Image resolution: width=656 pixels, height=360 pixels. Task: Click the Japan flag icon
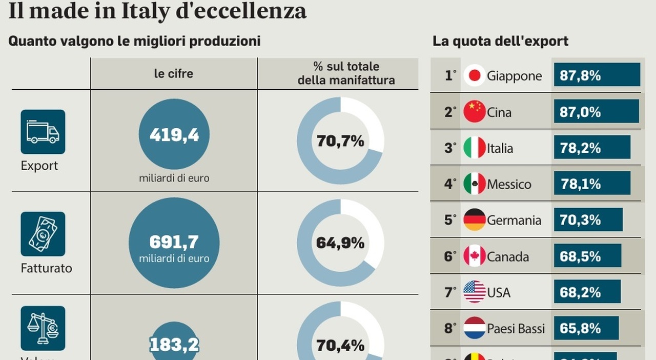coord(475,76)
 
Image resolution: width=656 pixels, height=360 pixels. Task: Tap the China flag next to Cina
coord(475,112)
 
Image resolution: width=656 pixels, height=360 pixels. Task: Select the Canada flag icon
coord(475,256)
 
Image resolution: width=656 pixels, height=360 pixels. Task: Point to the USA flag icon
coord(475,292)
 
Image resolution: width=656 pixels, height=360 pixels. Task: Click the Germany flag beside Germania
coord(475,220)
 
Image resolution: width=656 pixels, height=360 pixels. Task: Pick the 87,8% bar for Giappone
coord(597,75)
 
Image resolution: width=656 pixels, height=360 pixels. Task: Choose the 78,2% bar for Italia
coord(592,148)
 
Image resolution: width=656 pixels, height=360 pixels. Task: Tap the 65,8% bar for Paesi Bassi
coord(586,328)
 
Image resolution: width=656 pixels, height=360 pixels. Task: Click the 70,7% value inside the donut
coord(340,141)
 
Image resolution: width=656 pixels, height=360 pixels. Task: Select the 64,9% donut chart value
coord(340,243)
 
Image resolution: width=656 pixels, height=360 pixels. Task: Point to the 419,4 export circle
coord(174,135)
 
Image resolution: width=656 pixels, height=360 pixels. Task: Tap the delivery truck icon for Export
coord(43,132)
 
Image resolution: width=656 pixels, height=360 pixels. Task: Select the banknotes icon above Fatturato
coord(43,234)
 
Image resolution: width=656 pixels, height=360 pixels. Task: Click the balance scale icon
coord(43,328)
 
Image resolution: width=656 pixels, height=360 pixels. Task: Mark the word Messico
coord(509,184)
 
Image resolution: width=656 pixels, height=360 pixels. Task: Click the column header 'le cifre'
coord(174,73)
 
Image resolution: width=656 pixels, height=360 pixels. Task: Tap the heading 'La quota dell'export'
coord(500,41)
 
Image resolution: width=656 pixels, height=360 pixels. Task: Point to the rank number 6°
coord(450,256)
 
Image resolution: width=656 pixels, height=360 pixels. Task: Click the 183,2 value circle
coord(174,343)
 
